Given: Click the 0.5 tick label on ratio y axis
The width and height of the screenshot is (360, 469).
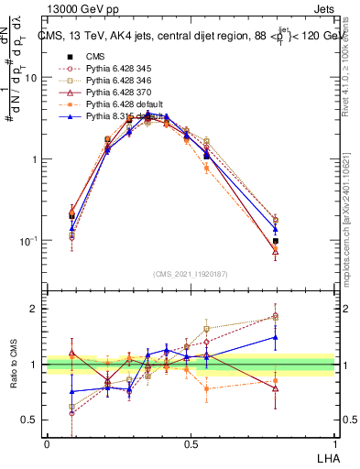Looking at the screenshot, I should pos(30,420).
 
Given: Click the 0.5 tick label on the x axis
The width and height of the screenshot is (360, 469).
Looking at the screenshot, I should pos(191,442).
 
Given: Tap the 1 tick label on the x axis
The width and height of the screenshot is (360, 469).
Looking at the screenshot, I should pos(334,442).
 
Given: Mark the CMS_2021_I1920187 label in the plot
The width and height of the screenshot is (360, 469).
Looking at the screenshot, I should pos(190,272).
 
